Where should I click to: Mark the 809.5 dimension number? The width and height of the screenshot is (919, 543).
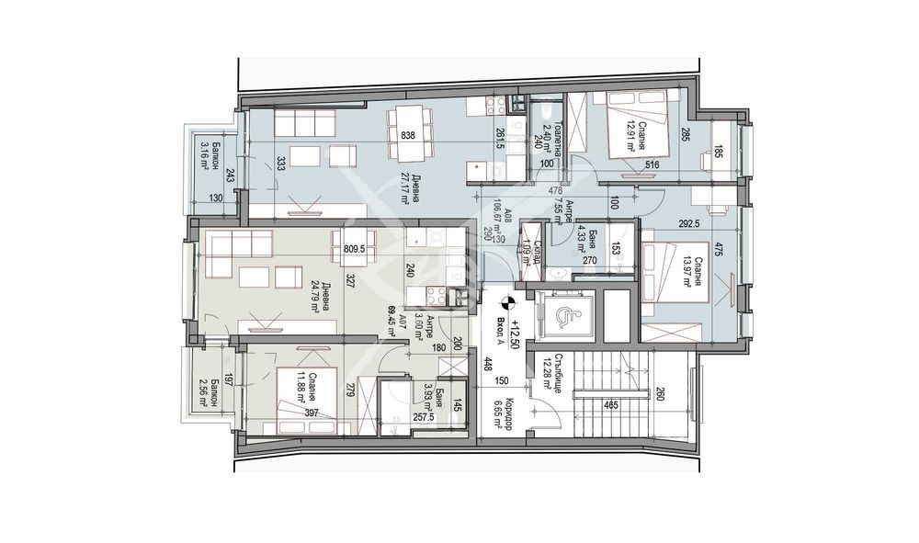point(355,246)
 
